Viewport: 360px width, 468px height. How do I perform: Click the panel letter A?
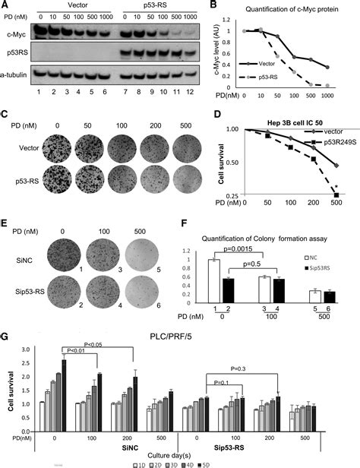click(5, 6)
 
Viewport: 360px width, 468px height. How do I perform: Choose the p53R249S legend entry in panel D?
click(320, 140)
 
